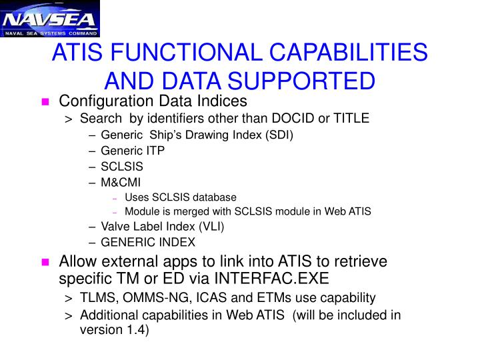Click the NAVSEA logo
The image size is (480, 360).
pyautogui.click(x=49, y=19)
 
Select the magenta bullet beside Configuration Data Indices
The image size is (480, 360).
pyautogui.click(x=45, y=102)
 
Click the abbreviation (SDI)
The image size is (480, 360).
pyautogui.click(x=278, y=135)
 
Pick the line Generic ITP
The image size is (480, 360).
pyautogui.click(x=133, y=151)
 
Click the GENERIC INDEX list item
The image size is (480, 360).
pyautogui.click(x=148, y=243)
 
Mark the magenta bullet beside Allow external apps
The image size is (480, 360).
pyautogui.click(x=45, y=261)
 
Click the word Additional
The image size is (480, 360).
pyautogui.click(x=109, y=315)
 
